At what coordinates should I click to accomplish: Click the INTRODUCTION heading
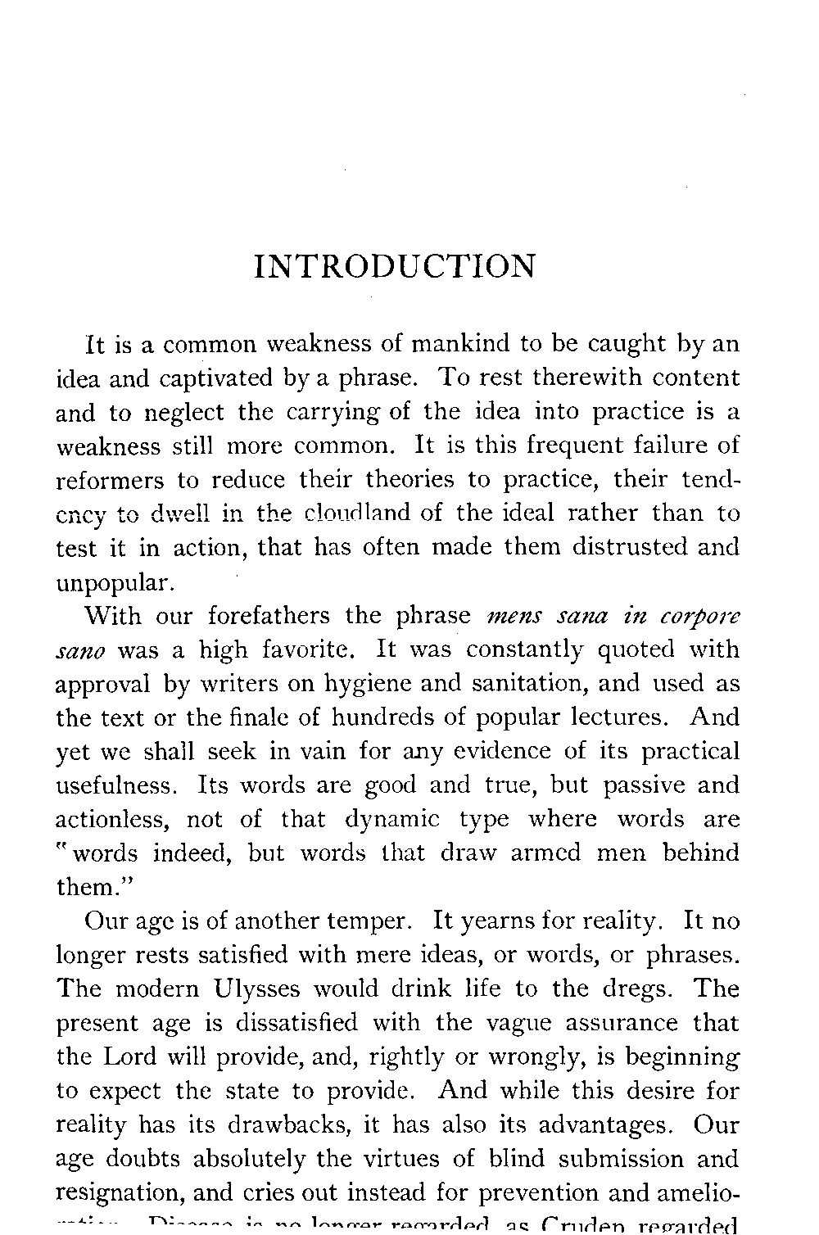click(395, 267)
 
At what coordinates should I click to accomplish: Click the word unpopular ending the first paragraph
click(112, 583)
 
